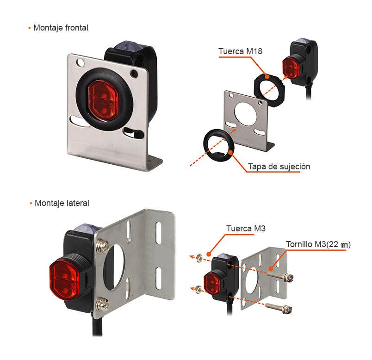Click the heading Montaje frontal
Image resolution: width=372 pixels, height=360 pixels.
(x=61, y=28)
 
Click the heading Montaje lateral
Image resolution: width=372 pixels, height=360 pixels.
(x=62, y=203)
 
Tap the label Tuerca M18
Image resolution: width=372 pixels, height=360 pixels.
(x=240, y=51)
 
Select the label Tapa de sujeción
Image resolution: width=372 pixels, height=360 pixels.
(x=279, y=167)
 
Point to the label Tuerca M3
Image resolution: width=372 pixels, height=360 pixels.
(x=246, y=229)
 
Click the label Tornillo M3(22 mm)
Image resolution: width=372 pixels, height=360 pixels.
(x=318, y=244)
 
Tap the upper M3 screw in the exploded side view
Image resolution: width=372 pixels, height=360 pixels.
(x=280, y=276)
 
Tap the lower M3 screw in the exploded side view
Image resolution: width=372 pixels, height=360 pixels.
(x=279, y=308)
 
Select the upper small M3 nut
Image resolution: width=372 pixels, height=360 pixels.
(x=199, y=258)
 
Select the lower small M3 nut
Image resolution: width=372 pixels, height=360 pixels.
(x=198, y=289)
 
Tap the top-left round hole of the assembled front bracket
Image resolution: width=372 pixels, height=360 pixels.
(x=80, y=62)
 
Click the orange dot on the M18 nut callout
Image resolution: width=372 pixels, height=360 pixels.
(x=267, y=77)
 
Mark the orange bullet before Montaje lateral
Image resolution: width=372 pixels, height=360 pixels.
(x=31, y=204)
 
